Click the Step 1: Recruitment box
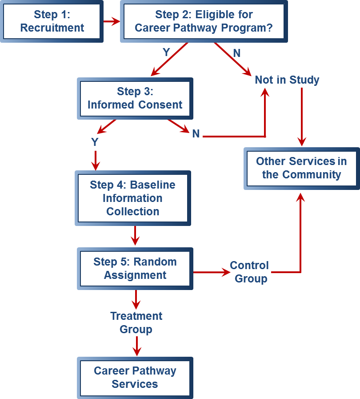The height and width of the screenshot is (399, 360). pyautogui.click(x=52, y=21)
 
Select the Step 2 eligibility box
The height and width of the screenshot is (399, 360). pyautogui.click(x=204, y=21)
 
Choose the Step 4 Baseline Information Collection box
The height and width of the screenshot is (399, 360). pyautogui.click(x=133, y=198)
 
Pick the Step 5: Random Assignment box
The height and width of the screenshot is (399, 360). pyautogui.click(x=135, y=268)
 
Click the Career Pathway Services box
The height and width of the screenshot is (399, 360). pyautogui.click(x=135, y=377)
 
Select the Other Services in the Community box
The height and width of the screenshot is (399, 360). pyautogui.click(x=301, y=168)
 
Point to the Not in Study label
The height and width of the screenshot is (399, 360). pyautogui.click(x=287, y=80)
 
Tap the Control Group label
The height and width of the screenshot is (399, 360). pyautogui.click(x=250, y=272)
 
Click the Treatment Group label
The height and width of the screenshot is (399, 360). pyautogui.click(x=136, y=322)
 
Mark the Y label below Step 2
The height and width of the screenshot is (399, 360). pyautogui.click(x=166, y=52)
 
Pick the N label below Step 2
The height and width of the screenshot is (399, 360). pyautogui.click(x=237, y=53)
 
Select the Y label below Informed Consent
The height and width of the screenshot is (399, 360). pyautogui.click(x=95, y=142)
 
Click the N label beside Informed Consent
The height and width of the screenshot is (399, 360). pyautogui.click(x=196, y=133)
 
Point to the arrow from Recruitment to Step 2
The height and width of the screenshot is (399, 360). pyautogui.click(x=112, y=21)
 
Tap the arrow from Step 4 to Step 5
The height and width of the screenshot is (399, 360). pyautogui.click(x=136, y=236)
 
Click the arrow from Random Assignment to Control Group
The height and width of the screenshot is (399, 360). pyautogui.click(x=211, y=272)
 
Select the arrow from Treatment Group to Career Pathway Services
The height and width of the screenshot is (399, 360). pyautogui.click(x=136, y=346)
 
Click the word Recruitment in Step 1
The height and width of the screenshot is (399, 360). pyautogui.click(x=52, y=28)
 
